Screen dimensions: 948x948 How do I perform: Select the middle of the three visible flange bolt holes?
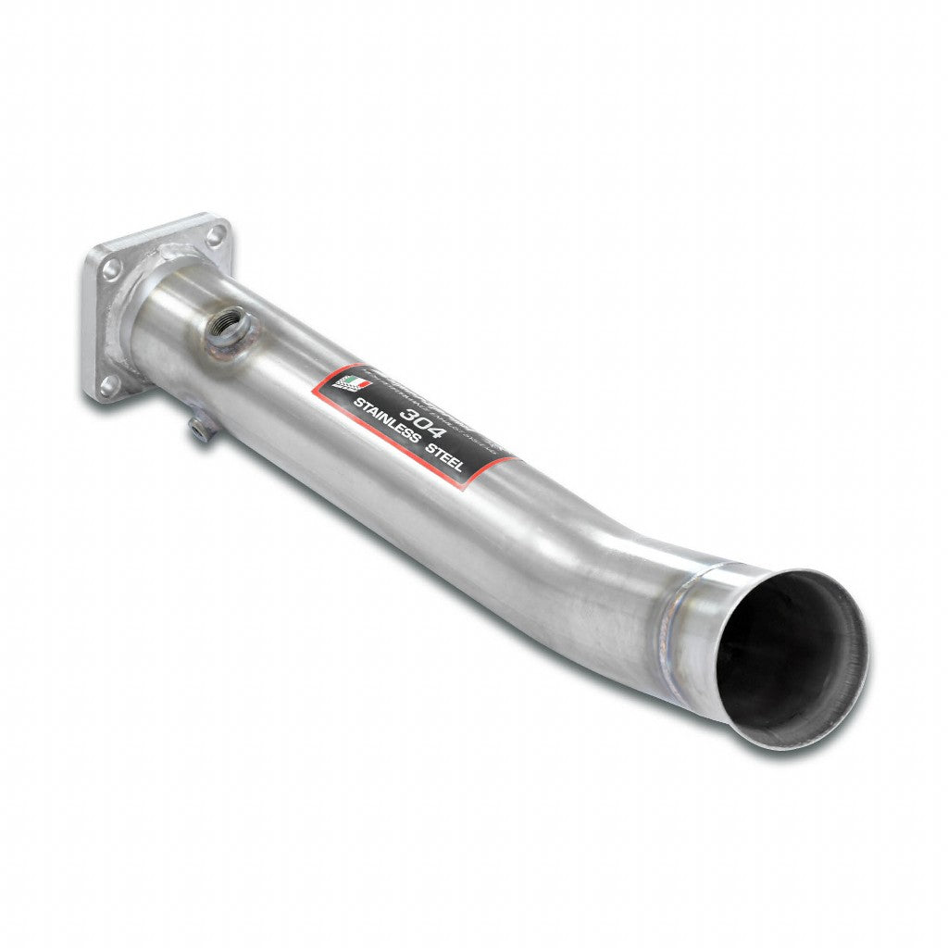pyautogui.click(x=111, y=270)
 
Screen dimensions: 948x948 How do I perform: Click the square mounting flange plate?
pyautogui.click(x=148, y=306)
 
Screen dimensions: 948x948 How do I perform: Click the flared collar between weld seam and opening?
pyautogui.click(x=741, y=639)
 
